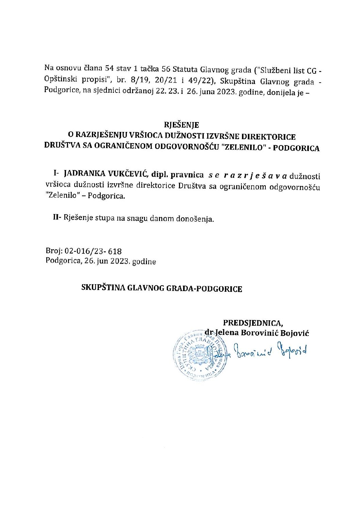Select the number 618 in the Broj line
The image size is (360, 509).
point(114,252)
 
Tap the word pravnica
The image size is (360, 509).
point(187,175)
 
